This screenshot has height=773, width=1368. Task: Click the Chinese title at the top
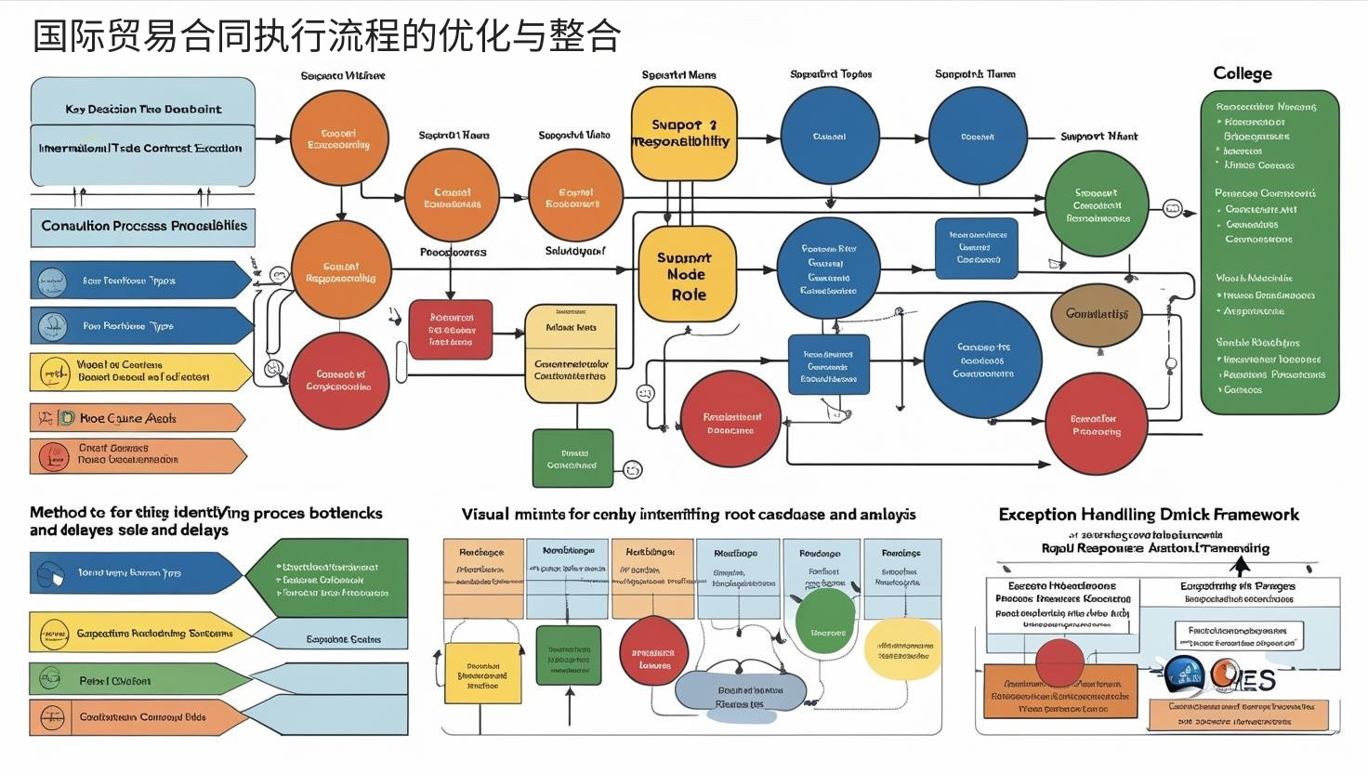(326, 36)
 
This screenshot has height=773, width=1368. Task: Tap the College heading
(1242, 73)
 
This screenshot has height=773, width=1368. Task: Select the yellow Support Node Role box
(687, 275)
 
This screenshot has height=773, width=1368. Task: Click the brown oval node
(1097, 314)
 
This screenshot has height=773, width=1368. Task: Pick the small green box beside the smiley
(572, 458)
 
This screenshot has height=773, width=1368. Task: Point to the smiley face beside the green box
(633, 469)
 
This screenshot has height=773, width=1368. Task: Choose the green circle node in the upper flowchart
(1097, 205)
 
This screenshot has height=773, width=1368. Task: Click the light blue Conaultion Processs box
(143, 227)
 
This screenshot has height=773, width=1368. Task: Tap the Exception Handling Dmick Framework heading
(1149, 515)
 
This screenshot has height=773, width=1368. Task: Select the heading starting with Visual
(689, 515)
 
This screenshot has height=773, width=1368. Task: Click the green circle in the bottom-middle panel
(824, 621)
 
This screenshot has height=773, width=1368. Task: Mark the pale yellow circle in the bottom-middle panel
(902, 649)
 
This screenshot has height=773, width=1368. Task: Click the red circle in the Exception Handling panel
(1059, 662)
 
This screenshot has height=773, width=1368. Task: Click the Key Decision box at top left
(143, 110)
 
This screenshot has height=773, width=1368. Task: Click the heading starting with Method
(205, 521)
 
